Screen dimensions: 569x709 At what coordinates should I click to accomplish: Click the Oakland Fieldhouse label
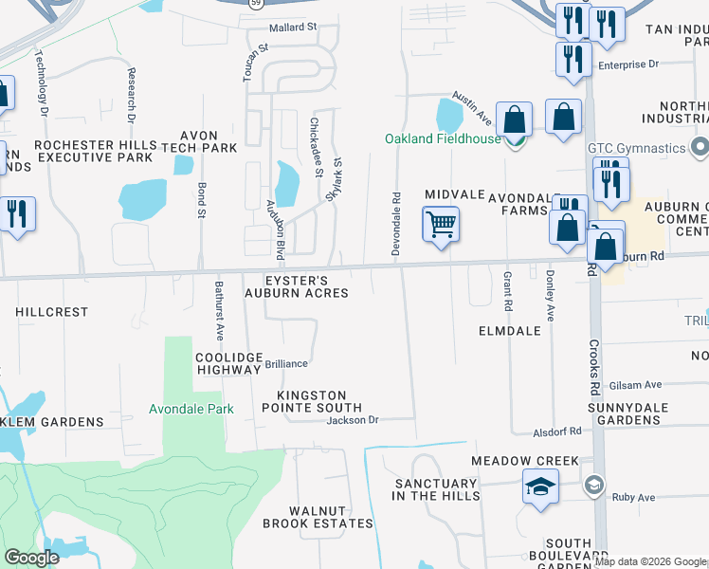tap(442, 138)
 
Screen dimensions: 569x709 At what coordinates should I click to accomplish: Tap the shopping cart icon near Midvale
tap(441, 226)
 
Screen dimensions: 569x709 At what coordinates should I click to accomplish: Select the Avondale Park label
tap(191, 410)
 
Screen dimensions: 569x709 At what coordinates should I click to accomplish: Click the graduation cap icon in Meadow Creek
tap(540, 487)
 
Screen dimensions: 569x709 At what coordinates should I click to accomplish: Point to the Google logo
tap(31, 558)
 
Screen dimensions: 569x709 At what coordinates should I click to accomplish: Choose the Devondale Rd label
tap(396, 222)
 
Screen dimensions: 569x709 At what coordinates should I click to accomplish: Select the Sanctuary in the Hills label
tap(437, 489)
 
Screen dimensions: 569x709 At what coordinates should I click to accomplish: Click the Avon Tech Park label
tap(199, 141)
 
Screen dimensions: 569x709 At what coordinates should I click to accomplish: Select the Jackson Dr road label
tap(353, 420)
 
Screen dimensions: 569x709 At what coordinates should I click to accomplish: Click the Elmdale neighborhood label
tap(509, 331)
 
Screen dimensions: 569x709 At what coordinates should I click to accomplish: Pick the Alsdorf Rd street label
tap(557, 431)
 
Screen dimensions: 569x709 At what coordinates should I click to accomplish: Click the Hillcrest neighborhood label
tap(52, 311)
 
